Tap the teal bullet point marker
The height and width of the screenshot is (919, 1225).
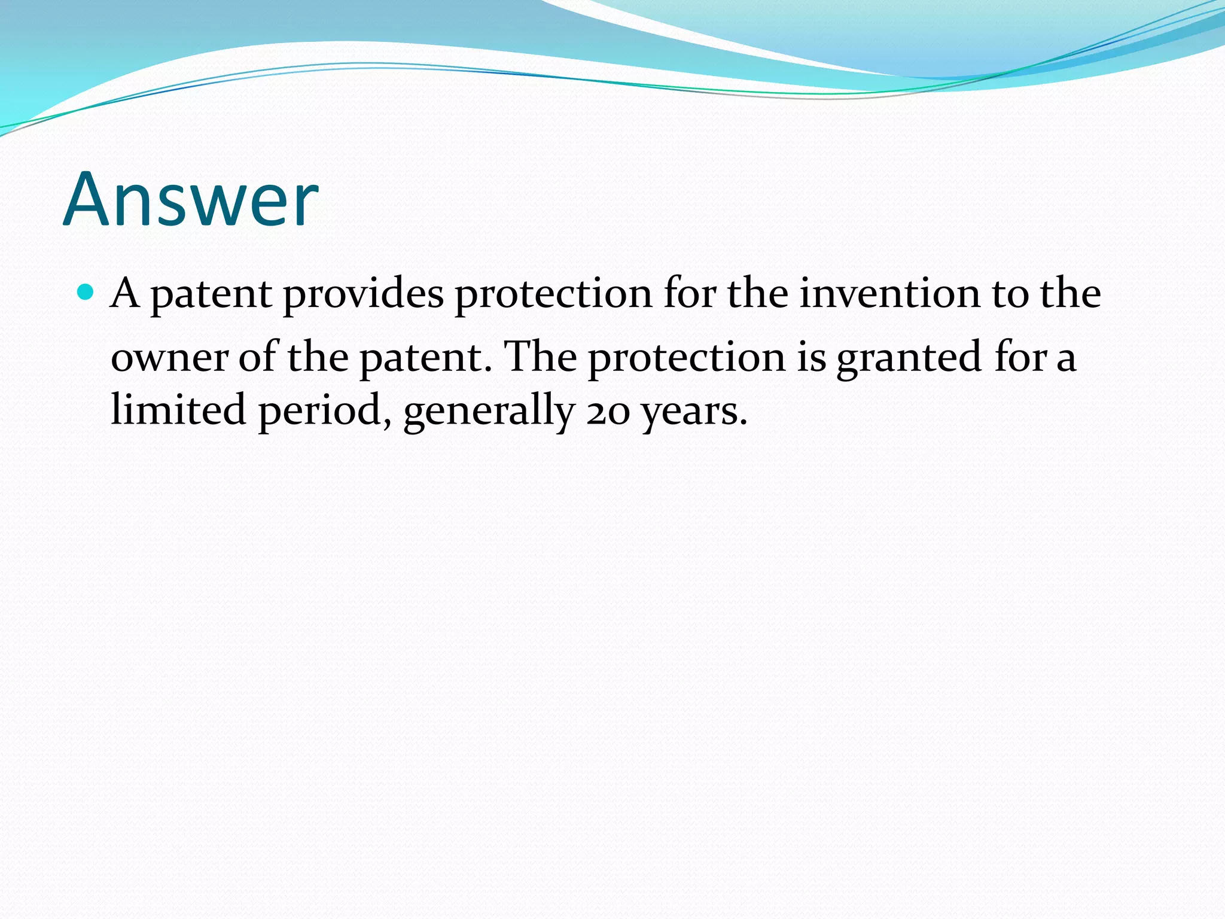pyautogui.click(x=87, y=292)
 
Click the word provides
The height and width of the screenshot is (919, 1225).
pyautogui.click(x=363, y=294)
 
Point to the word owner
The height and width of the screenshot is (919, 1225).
pyautogui.click(x=169, y=357)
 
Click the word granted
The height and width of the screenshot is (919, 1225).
pyautogui.click(x=909, y=357)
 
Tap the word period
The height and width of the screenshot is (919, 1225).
pyautogui.click(x=320, y=412)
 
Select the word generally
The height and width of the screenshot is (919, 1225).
pyautogui.click(x=489, y=412)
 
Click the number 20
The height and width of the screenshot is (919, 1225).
pyautogui.click(x=608, y=412)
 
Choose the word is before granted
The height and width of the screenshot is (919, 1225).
pyautogui.click(x=811, y=357)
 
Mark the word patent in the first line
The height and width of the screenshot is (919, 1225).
pyautogui.click(x=211, y=294)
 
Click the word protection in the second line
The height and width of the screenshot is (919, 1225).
pyautogui.click(x=687, y=357)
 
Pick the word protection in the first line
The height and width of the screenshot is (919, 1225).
pyautogui.click(x=553, y=294)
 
